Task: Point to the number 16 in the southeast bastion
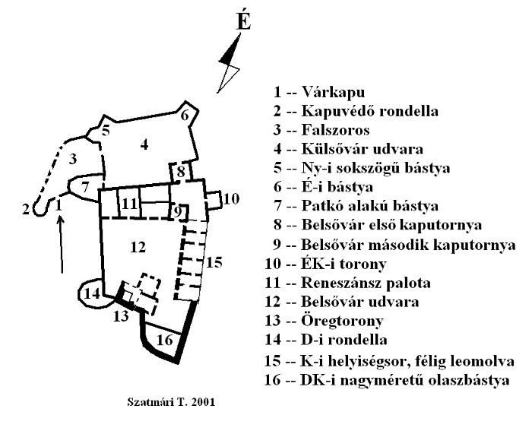tap(165, 340)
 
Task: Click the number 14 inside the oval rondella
tap(92, 293)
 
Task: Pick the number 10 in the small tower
tap(231, 199)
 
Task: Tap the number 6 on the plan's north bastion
tap(185, 116)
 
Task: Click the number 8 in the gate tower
tap(181, 173)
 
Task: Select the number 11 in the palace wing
tap(130, 204)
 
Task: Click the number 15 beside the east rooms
tap(214, 262)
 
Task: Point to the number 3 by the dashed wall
tap(73, 158)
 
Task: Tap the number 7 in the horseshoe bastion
tap(86, 185)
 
